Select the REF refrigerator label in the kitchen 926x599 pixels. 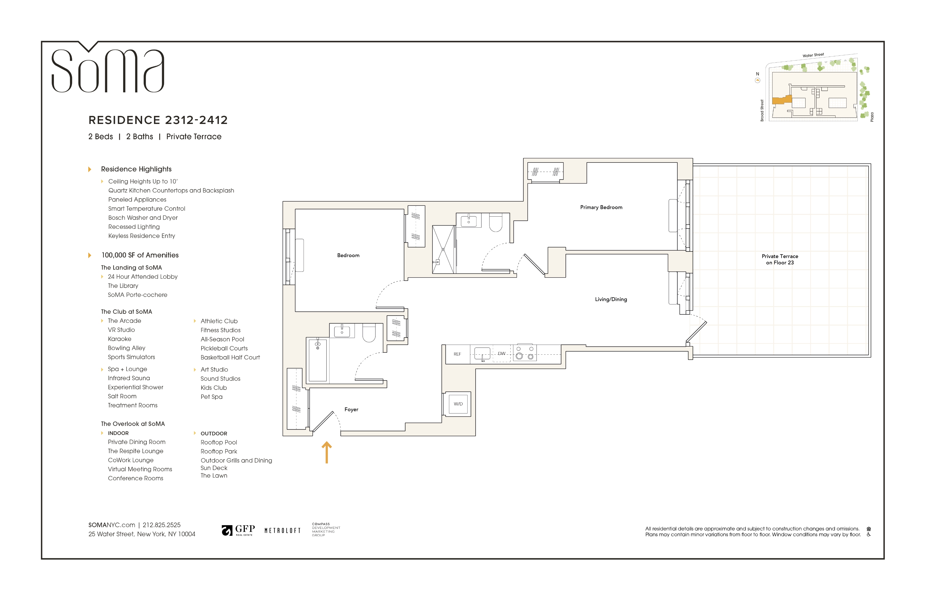tap(457, 354)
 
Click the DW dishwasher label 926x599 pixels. tap(501, 353)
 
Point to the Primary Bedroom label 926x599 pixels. tap(601, 207)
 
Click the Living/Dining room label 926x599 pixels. tap(611, 299)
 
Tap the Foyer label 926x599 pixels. tap(351, 409)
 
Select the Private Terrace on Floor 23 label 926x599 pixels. tap(780, 259)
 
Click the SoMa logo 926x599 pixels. tap(108, 67)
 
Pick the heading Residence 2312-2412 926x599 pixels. tap(158, 120)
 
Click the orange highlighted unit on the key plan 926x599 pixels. tap(782, 100)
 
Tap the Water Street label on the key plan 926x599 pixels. tap(813, 55)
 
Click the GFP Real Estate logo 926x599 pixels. tap(238, 530)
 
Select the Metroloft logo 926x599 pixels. tap(282, 531)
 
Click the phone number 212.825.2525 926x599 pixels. tap(162, 525)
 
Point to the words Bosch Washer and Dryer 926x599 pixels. tap(143, 218)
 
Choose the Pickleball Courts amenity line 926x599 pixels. tap(224, 348)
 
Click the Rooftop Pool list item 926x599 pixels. tap(219, 442)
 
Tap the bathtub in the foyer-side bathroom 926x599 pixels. tap(317, 360)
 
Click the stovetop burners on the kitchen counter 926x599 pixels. tap(524, 352)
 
